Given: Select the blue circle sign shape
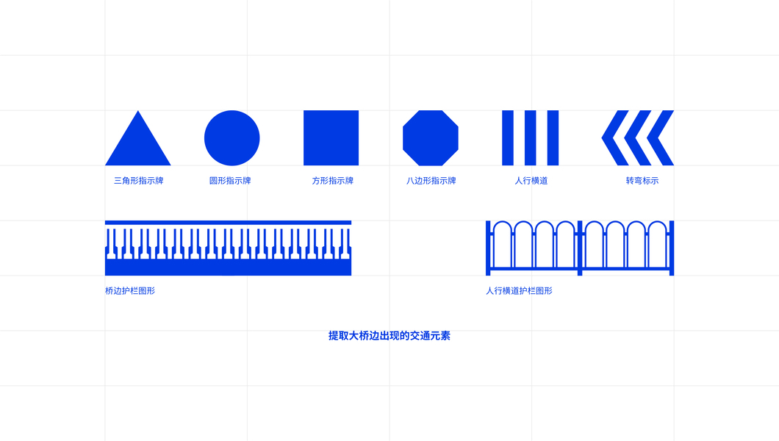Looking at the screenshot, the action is tap(231, 138).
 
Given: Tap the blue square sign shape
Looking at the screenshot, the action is tap(331, 138).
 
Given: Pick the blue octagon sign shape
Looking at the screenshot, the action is tap(431, 138).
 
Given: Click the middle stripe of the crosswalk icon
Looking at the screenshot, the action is tap(531, 138).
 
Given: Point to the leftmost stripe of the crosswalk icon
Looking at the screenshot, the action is tap(508, 138).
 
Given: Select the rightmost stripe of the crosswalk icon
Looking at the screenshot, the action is tap(553, 138).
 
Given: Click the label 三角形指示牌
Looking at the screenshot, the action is tap(138, 180).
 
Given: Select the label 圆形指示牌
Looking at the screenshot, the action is tap(230, 180).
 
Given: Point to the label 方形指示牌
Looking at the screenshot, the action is tap(332, 180).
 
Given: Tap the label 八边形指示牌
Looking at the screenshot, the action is tap(431, 180).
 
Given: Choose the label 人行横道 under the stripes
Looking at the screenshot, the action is tap(531, 180).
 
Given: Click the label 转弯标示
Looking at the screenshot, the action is tap(642, 180).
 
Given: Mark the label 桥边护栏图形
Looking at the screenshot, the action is tap(130, 291).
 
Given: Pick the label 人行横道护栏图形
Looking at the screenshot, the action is tap(519, 291).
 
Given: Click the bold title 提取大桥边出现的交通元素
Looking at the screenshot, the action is tap(389, 336).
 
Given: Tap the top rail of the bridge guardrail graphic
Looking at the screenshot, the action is tap(228, 223).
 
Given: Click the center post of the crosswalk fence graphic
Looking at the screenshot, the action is tap(580, 248).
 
